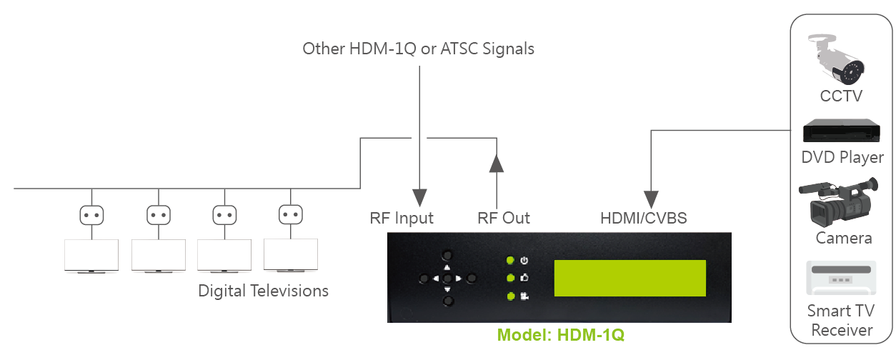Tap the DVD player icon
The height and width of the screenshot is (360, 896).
click(x=842, y=131)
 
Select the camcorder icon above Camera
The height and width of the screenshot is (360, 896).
click(x=839, y=202)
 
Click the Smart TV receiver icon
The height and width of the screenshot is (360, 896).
click(x=841, y=278)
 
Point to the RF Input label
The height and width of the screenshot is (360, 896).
click(x=402, y=219)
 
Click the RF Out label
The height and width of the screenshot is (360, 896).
click(x=504, y=218)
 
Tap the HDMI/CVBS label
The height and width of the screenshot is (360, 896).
click(x=644, y=218)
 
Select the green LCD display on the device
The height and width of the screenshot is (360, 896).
click(x=630, y=278)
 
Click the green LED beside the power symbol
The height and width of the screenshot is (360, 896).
click(x=510, y=261)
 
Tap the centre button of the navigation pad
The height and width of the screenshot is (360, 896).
click(x=447, y=278)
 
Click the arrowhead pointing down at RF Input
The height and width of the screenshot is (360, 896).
click(x=419, y=198)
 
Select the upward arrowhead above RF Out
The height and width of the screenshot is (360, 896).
click(x=497, y=164)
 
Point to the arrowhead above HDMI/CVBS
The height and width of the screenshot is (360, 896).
click(x=651, y=199)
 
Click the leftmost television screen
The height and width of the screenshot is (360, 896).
click(x=91, y=255)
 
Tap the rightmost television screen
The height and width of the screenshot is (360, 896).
click(x=291, y=255)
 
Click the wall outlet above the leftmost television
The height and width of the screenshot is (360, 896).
click(x=91, y=215)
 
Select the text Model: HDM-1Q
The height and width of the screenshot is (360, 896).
click(x=560, y=335)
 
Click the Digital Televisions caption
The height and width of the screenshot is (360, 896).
click(x=263, y=291)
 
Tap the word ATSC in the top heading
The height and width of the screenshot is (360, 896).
click(x=459, y=49)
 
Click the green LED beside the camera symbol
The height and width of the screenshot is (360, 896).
click(x=511, y=296)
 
